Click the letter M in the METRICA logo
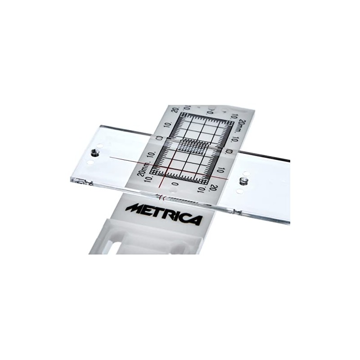pyautogui.click(x=134, y=208)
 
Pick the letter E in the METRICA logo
pyautogui.click(x=146, y=210)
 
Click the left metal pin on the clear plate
pyautogui.click(x=94, y=153)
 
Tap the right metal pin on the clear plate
pyautogui.click(x=243, y=181)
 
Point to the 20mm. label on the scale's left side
pyautogui.click(x=141, y=169)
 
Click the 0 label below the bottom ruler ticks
pyautogui.click(x=175, y=184)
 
